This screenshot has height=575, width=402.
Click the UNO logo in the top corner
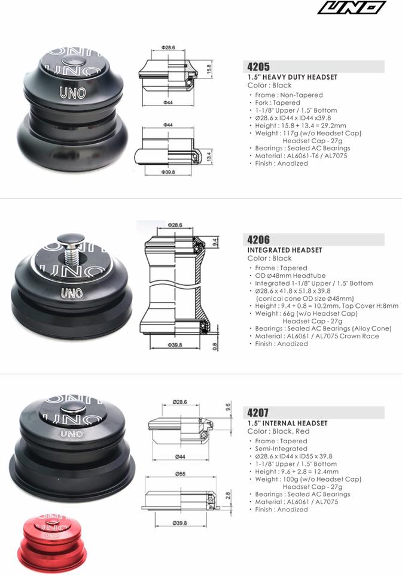(352, 8)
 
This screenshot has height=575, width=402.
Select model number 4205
(258, 66)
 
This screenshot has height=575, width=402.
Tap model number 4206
(258, 240)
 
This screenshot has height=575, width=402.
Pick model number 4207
(258, 413)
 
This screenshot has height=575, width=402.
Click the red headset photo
(52, 542)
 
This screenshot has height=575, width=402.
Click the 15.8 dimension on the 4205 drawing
(209, 69)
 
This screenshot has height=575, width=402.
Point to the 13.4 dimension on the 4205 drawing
(209, 156)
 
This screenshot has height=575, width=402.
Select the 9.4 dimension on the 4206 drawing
(215, 242)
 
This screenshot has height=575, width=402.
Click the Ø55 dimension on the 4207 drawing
(180, 474)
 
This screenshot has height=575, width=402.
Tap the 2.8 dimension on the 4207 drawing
(228, 496)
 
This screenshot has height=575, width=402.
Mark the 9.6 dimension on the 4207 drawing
(228, 407)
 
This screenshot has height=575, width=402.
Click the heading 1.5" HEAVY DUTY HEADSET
(292, 77)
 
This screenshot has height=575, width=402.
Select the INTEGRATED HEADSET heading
(285, 250)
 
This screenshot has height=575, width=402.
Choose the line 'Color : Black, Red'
(278, 431)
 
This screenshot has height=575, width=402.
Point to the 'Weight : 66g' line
(306, 313)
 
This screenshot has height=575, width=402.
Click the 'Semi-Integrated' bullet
(281, 449)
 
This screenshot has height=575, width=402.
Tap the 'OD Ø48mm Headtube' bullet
(290, 276)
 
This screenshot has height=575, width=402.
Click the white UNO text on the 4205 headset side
(73, 93)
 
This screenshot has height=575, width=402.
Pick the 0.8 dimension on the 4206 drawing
(215, 346)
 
